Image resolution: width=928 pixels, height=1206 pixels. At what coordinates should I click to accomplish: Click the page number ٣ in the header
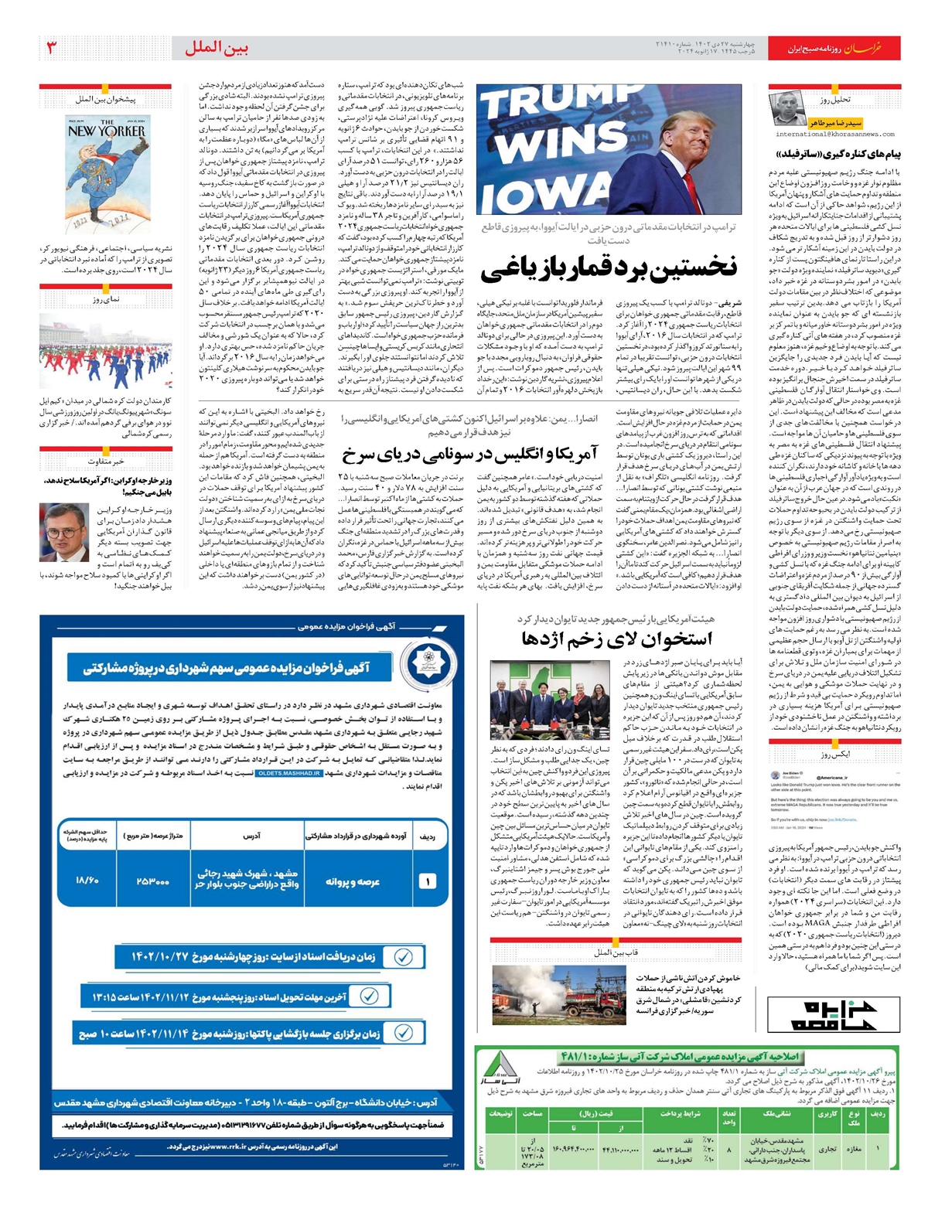[52, 48]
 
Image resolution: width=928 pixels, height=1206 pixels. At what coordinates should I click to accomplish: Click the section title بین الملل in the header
[217, 48]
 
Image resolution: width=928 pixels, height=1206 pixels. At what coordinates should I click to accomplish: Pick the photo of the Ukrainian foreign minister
[66, 533]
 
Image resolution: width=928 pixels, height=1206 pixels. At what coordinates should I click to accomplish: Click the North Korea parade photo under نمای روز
[106, 352]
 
